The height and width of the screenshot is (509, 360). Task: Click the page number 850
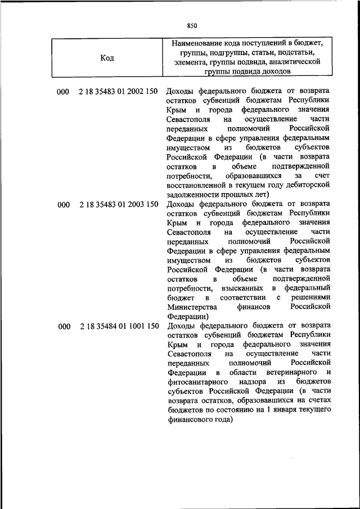(x=192, y=25)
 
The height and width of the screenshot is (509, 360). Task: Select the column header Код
(x=107, y=57)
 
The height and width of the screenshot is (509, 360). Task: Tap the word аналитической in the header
(x=294, y=62)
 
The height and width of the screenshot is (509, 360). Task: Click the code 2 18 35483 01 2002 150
(x=119, y=91)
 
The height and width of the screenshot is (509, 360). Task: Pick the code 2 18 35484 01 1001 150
(x=119, y=326)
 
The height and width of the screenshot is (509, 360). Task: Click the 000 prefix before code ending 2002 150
(x=63, y=91)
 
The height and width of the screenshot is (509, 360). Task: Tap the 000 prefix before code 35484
(x=63, y=326)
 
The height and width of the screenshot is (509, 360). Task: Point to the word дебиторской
(x=307, y=184)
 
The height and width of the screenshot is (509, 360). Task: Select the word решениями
(x=310, y=298)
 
